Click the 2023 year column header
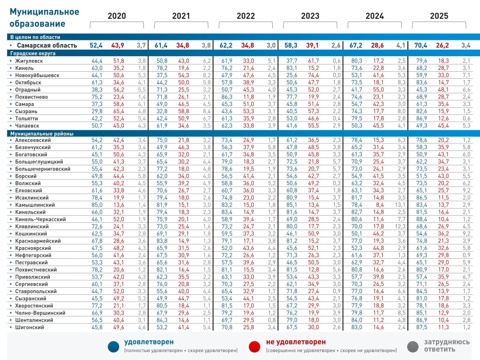(310, 16)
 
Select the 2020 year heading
(117, 16)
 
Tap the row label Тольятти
(27, 119)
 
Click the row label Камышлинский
(35, 205)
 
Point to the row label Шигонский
(30, 327)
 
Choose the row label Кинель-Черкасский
(40, 219)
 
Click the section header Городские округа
(33, 53)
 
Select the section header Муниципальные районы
(42, 134)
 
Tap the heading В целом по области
(35, 37)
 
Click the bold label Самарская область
(47, 45)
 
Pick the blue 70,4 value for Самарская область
(420, 45)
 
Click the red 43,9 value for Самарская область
(118, 45)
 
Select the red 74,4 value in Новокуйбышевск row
(314, 75)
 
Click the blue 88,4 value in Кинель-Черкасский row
(421, 219)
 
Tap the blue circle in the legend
(113, 347)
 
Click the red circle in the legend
(255, 347)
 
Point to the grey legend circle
(413, 347)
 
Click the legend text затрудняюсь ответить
(447, 345)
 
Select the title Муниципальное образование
(45, 17)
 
